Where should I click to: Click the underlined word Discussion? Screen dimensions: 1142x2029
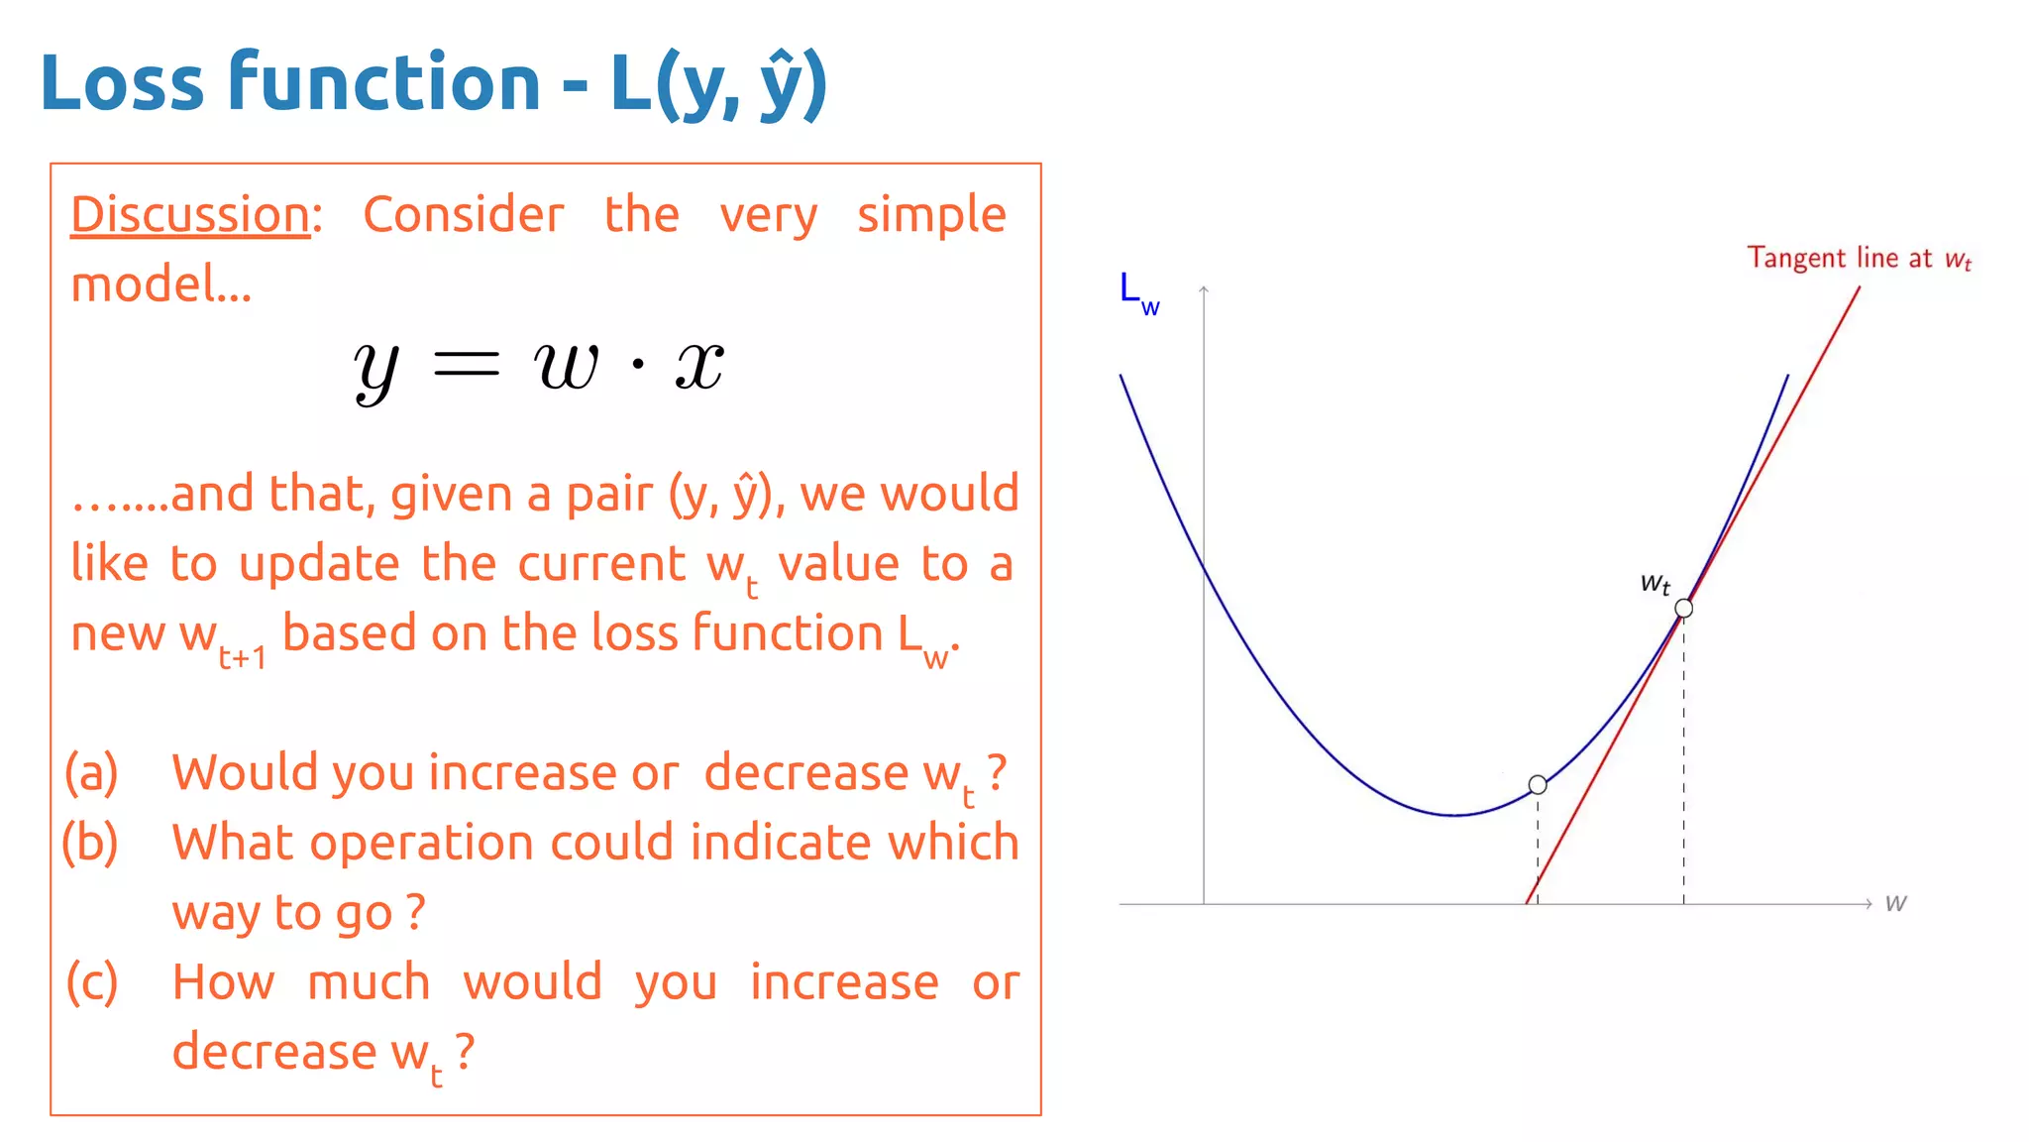click(x=190, y=215)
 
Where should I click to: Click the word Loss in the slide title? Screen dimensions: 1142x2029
click(x=122, y=82)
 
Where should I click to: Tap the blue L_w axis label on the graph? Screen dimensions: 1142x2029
click(x=1137, y=292)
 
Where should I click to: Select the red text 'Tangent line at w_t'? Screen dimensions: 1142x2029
click(x=1859, y=259)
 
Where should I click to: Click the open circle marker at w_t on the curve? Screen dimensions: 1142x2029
click(x=1683, y=609)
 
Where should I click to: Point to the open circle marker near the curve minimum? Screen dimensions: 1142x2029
click(x=1538, y=785)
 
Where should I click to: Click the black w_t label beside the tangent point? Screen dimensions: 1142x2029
click(x=1655, y=583)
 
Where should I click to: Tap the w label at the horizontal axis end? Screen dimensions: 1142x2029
click(x=1895, y=903)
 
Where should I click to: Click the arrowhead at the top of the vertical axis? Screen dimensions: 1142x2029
click(x=1204, y=289)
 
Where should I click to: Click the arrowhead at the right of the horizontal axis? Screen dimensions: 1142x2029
click(x=1868, y=903)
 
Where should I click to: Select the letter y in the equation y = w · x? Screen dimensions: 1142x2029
click(x=376, y=369)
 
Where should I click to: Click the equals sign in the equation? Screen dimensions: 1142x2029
click(x=467, y=365)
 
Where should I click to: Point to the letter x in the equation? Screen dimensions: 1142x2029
click(x=699, y=365)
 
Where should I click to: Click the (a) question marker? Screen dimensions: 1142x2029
click(x=91, y=773)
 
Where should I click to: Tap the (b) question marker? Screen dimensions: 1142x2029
click(x=90, y=843)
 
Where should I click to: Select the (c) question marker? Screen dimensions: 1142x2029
click(x=91, y=982)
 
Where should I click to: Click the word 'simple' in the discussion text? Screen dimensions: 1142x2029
click(x=931, y=216)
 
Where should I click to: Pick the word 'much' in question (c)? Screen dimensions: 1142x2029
click(x=369, y=982)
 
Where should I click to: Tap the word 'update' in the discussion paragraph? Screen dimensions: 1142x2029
click(x=319, y=565)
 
